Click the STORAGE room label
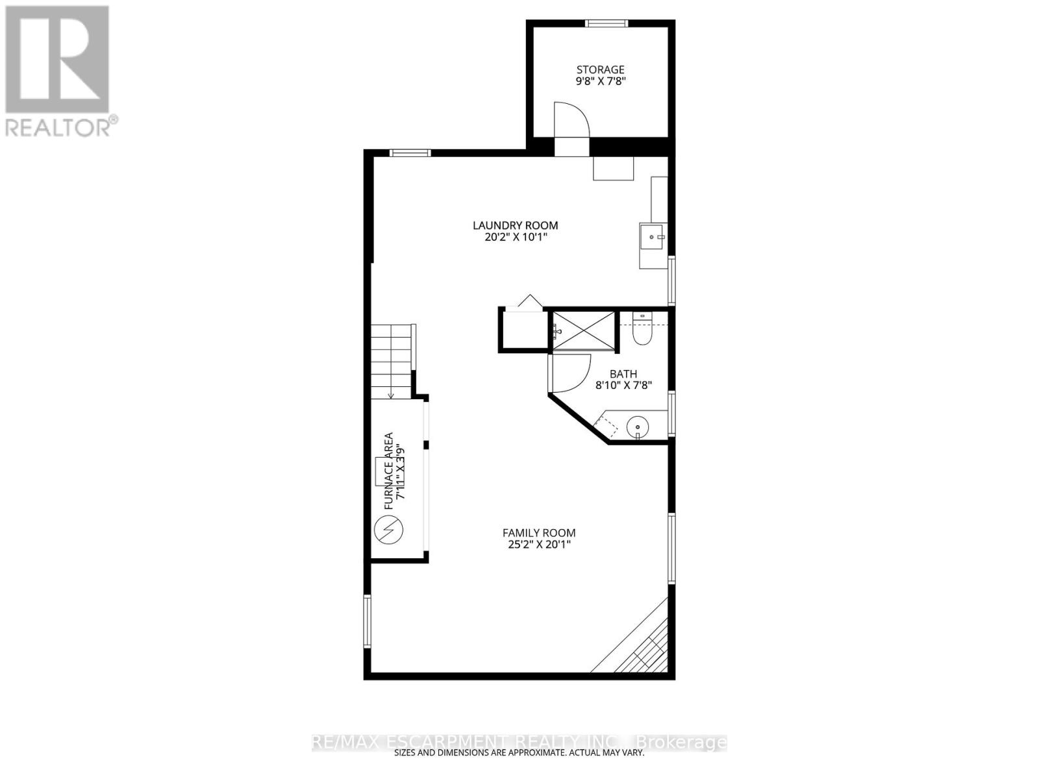[x=601, y=69]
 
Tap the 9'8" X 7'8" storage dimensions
[x=601, y=82]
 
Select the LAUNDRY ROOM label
[x=515, y=225]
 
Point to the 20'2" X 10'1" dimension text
[x=515, y=238]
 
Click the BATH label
[x=623, y=374]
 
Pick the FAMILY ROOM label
[x=539, y=533]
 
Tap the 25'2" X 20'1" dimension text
[x=539, y=545]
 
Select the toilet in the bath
[x=642, y=332]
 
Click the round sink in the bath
[x=638, y=427]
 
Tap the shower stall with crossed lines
[x=583, y=331]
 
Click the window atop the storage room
[x=607, y=24]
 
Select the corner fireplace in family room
[x=640, y=643]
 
